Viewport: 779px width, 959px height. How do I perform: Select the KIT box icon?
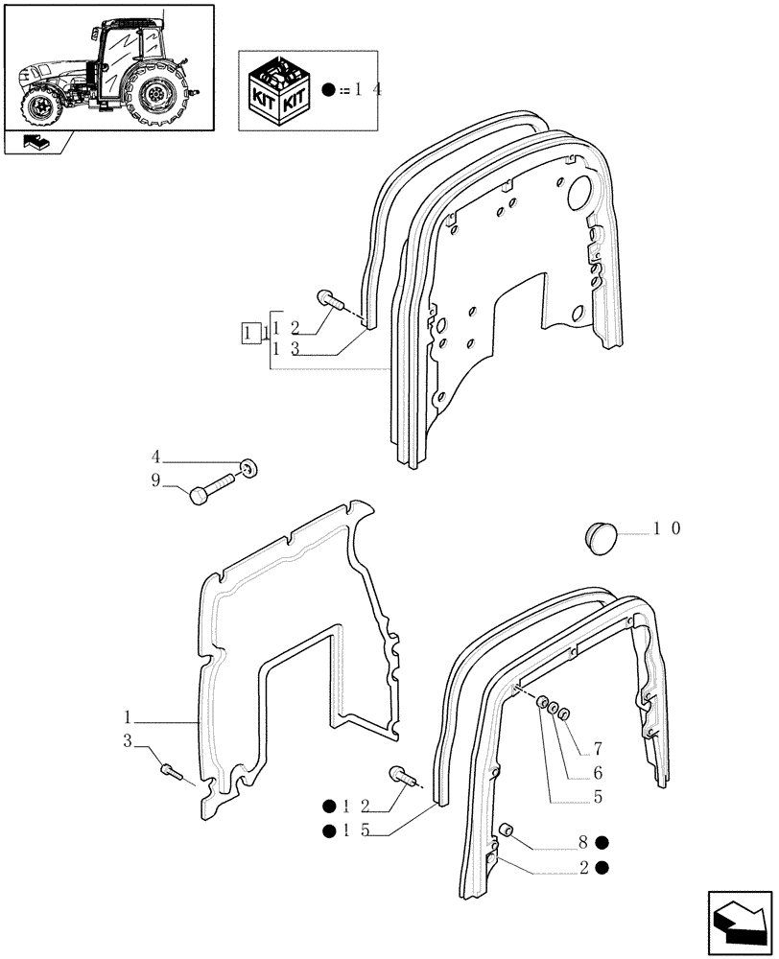(x=279, y=90)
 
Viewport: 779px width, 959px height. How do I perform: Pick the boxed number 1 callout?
(x=249, y=334)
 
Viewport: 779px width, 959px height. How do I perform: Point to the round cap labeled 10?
(x=602, y=535)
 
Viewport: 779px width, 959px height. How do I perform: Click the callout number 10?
(x=666, y=528)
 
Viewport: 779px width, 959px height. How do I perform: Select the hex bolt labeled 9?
(x=212, y=487)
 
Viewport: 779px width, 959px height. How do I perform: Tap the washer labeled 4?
(x=248, y=468)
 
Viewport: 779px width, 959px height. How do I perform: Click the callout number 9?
(x=155, y=481)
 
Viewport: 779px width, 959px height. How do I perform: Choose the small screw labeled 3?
(x=172, y=769)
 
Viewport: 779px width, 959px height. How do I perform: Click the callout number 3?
(x=127, y=740)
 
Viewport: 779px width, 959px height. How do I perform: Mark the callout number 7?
(x=597, y=748)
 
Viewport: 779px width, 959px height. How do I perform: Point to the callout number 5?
(x=597, y=796)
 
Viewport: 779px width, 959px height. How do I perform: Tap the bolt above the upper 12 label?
(x=330, y=300)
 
